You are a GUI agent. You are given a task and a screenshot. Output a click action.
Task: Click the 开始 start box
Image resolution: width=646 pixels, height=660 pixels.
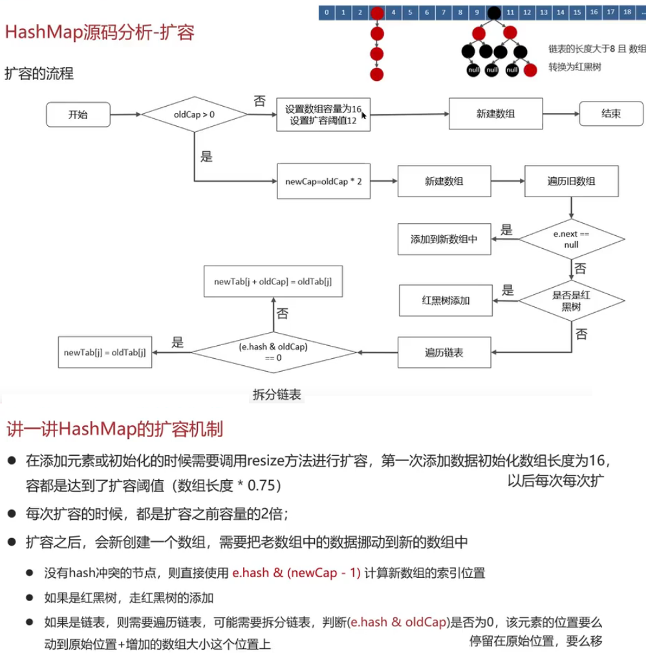(x=78, y=115)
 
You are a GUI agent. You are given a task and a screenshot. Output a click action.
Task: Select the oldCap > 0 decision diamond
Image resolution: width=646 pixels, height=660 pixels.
(x=195, y=114)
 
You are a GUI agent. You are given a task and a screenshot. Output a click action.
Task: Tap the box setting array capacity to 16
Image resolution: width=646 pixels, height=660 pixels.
(x=323, y=115)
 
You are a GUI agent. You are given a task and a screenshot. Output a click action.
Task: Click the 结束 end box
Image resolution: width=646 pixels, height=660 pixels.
(x=611, y=114)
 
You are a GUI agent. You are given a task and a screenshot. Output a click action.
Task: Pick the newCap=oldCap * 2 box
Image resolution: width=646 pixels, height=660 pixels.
(x=323, y=182)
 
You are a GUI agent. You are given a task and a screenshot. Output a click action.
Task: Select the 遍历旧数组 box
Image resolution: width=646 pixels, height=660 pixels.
(x=571, y=182)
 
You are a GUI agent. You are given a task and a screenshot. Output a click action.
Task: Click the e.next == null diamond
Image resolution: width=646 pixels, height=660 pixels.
(x=572, y=239)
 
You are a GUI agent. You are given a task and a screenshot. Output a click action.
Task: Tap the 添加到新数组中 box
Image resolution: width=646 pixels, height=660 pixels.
(x=444, y=239)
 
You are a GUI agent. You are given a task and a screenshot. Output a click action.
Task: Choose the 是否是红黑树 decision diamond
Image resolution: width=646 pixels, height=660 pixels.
(x=572, y=301)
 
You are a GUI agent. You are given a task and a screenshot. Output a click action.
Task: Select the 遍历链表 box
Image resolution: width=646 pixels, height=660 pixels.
(x=444, y=353)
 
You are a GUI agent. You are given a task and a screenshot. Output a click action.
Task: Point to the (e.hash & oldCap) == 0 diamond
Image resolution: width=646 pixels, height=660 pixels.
(x=274, y=352)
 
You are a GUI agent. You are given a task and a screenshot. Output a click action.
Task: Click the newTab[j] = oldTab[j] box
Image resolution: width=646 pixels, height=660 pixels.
(x=105, y=352)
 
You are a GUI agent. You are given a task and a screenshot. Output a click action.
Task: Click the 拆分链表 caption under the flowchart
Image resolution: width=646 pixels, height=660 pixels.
(x=276, y=394)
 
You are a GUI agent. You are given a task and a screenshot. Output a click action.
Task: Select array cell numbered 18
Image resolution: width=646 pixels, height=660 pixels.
(x=627, y=12)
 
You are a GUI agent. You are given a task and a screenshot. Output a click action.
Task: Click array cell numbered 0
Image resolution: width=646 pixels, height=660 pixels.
(x=327, y=12)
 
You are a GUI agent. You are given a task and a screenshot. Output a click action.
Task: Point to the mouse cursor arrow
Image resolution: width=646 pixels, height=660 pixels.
(x=365, y=115)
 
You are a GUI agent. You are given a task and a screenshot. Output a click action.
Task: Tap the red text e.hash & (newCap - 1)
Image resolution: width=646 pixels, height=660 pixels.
(x=296, y=573)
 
